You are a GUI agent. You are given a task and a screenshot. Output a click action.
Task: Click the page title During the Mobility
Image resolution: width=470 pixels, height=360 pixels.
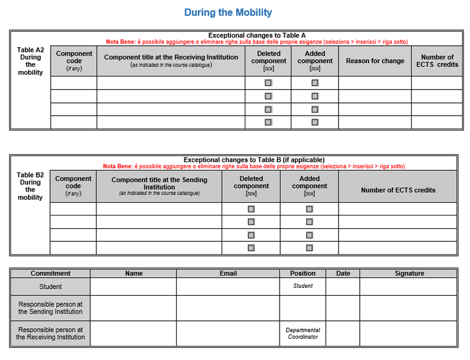[x=228, y=12]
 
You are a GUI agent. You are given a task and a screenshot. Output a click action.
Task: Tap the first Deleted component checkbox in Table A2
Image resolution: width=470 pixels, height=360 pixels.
[x=268, y=83]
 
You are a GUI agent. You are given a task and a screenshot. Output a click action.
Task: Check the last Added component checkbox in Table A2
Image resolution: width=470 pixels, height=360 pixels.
[x=315, y=122]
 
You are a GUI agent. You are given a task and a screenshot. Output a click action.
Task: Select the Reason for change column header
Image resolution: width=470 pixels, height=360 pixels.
[x=375, y=61]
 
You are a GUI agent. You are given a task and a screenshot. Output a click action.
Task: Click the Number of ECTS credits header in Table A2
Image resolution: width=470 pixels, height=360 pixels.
[x=437, y=61]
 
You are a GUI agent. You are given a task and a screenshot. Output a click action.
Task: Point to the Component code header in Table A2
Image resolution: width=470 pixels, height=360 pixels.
[x=73, y=61]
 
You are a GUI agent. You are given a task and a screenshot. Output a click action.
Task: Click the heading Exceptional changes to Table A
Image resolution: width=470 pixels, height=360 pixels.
[x=256, y=36]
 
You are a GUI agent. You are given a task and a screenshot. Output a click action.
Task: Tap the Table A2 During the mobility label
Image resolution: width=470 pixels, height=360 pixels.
[x=30, y=61]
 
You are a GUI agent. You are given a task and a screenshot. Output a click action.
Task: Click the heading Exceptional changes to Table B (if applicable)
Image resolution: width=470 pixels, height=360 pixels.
[x=253, y=160]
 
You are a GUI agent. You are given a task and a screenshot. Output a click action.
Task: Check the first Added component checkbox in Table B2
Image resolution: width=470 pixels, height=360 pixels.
[x=309, y=209]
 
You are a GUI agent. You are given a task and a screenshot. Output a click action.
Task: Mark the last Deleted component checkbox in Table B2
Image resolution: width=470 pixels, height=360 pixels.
[x=251, y=248]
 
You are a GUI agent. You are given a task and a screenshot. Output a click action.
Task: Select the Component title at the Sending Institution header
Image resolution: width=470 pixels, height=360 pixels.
[x=159, y=186]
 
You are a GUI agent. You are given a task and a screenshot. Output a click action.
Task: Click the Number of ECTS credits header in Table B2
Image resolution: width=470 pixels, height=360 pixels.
[x=398, y=190]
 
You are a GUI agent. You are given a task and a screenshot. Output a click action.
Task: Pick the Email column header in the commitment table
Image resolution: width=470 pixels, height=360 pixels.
[x=228, y=273]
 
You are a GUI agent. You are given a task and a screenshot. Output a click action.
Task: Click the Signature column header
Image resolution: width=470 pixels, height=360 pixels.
[x=409, y=273]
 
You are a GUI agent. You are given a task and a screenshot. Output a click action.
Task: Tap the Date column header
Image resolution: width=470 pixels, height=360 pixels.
[x=343, y=273]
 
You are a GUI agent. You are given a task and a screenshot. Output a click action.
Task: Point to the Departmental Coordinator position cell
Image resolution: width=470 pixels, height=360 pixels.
[x=302, y=333]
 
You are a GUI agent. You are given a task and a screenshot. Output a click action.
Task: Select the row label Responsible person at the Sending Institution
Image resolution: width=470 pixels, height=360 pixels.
[x=50, y=308]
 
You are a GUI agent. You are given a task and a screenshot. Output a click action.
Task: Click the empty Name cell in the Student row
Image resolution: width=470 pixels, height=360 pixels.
[x=133, y=287]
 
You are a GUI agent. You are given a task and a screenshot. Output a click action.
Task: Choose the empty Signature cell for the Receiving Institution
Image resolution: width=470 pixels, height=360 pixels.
[x=408, y=333]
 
